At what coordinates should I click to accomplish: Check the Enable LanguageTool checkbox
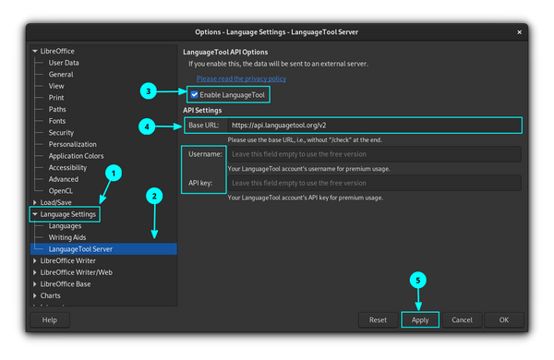(x=194, y=95)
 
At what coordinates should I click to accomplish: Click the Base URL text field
(x=374, y=125)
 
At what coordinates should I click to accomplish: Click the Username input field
(x=374, y=154)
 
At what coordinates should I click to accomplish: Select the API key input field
(x=374, y=183)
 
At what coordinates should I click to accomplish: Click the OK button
(x=503, y=319)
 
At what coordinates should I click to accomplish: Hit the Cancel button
(x=463, y=319)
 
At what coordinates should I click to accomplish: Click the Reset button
(x=378, y=319)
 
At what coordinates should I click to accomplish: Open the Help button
(x=50, y=319)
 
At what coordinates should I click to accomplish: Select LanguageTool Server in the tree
(x=80, y=249)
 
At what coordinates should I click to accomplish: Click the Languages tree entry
(x=66, y=225)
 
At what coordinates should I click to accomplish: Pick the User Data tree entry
(x=64, y=63)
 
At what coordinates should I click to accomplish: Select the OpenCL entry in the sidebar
(x=61, y=190)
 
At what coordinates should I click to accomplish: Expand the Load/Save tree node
(x=35, y=202)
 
